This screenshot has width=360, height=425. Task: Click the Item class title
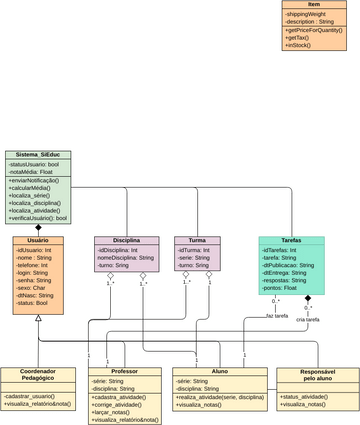click(x=313, y=5)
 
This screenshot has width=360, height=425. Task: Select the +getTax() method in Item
click(x=301, y=38)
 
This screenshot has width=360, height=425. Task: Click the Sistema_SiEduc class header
click(x=37, y=155)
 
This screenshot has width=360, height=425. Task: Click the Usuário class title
click(x=38, y=241)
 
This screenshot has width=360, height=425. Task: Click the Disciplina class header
click(x=126, y=241)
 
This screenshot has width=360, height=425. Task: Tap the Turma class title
click(x=197, y=241)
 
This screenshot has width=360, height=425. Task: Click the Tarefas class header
click(x=291, y=241)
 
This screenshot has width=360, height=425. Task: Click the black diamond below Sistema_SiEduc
click(x=38, y=229)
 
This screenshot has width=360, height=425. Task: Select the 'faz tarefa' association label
click(x=277, y=315)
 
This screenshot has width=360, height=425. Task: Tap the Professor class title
click(x=124, y=371)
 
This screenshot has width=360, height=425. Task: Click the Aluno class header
click(x=220, y=371)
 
